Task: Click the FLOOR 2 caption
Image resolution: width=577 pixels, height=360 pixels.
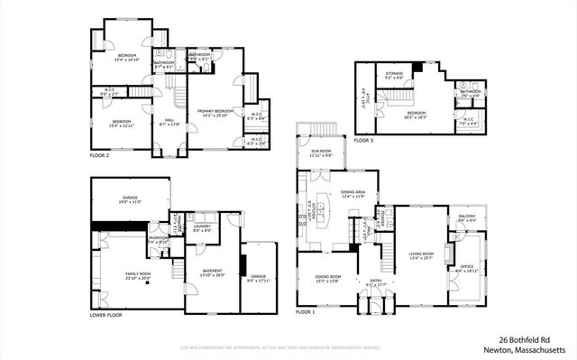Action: point(99,155)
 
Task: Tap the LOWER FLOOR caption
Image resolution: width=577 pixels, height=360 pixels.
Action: point(105,316)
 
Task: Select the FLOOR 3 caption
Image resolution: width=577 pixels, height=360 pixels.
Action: point(363,141)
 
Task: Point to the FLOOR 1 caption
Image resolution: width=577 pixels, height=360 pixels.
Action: point(306,311)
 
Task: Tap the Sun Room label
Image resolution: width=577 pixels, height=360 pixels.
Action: point(321,152)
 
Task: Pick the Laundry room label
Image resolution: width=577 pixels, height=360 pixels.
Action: point(202,226)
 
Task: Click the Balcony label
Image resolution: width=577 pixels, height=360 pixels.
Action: point(466,217)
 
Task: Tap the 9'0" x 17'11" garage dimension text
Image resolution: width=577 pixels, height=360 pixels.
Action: point(259,281)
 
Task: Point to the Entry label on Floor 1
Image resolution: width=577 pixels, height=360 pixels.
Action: point(376,281)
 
